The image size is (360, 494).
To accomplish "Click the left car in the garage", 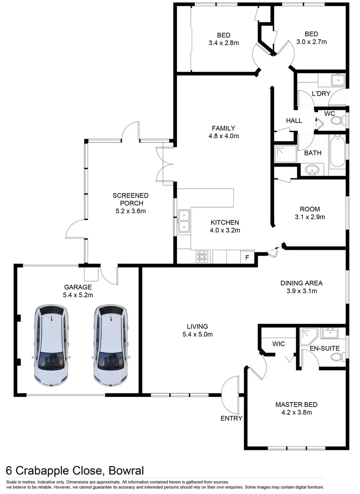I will [x=52, y=345].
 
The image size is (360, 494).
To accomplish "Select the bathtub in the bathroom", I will [x=338, y=151].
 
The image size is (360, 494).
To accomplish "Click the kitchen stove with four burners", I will [x=202, y=257].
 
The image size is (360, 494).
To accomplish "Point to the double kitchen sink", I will [x=184, y=220].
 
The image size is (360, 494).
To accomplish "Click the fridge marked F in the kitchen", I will [x=247, y=257].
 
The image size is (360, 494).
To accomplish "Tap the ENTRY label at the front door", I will [x=231, y=418].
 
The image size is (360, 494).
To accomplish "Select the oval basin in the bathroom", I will [x=313, y=170].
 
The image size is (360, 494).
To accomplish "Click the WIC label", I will [x=279, y=344].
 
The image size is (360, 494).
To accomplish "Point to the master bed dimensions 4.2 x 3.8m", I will [x=296, y=412].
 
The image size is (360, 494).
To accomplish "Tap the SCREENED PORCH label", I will [x=131, y=199].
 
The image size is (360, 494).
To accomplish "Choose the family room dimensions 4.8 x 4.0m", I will [x=223, y=136].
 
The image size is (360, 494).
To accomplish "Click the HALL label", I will [x=294, y=121].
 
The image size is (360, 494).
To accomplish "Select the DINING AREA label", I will [x=301, y=283].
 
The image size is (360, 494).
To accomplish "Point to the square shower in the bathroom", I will [x=284, y=154].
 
